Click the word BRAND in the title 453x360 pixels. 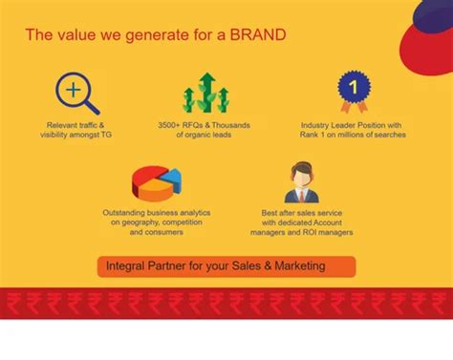click(x=258, y=34)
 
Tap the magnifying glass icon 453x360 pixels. click(x=77, y=93)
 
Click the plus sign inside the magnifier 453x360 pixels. click(x=74, y=90)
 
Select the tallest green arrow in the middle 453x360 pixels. click(x=207, y=92)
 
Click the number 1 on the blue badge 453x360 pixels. click(x=353, y=87)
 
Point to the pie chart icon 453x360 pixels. click(x=157, y=183)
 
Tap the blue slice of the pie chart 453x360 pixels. click(x=171, y=180)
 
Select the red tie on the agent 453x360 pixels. click(x=301, y=196)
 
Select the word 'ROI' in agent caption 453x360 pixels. click(x=310, y=232)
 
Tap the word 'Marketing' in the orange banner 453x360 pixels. click(x=300, y=265)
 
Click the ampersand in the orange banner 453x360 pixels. click(x=268, y=265)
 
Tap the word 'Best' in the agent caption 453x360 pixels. click(x=270, y=213)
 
